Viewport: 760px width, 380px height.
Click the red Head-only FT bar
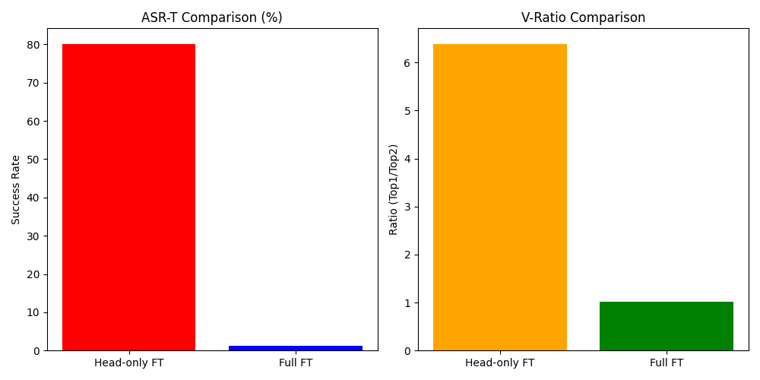point(128,198)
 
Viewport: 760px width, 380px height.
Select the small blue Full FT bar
point(295,348)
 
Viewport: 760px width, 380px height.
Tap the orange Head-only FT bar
point(499,198)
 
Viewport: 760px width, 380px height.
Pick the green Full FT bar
point(666,326)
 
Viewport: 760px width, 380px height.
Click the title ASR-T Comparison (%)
point(211,17)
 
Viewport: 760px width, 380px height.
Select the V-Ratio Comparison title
point(583,17)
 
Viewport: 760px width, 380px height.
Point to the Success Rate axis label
point(16,189)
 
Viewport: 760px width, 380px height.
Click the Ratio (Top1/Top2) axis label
point(394,189)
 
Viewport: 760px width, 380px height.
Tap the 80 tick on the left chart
point(33,45)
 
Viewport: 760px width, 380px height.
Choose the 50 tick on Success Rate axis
point(33,160)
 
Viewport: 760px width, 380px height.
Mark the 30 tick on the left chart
point(33,236)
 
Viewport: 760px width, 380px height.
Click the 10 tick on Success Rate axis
point(33,312)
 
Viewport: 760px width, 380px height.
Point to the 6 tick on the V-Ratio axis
point(407,63)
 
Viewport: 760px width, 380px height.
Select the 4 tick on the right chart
point(407,159)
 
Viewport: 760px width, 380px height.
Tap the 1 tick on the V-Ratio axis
point(407,303)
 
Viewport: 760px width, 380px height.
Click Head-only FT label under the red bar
point(128,363)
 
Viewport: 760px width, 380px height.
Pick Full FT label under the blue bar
point(295,363)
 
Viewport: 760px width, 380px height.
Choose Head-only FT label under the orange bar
point(499,363)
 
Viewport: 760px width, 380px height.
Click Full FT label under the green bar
point(666,363)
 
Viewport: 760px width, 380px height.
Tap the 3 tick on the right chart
point(407,207)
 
